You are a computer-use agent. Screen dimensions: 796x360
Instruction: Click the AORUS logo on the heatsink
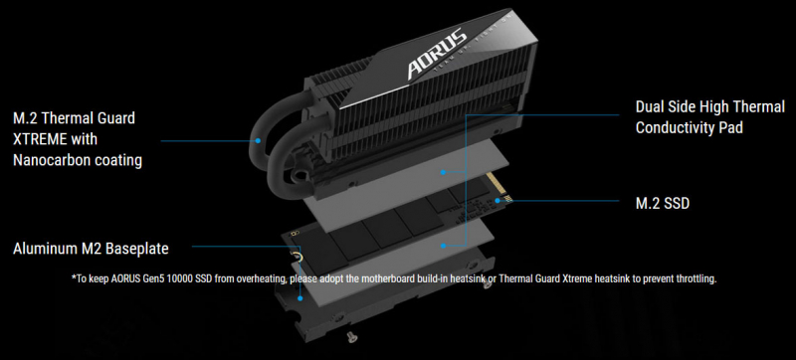coord(437,55)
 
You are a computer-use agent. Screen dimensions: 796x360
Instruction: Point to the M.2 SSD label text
coord(663,203)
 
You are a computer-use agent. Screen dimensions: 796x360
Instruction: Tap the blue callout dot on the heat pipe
coord(258,140)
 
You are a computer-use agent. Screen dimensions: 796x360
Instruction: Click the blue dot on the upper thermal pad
coord(443,172)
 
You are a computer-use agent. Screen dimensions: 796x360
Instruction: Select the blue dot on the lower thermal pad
coord(443,246)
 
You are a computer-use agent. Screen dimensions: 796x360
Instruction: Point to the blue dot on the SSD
coord(497,200)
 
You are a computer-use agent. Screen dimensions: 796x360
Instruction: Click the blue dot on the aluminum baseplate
coord(300,298)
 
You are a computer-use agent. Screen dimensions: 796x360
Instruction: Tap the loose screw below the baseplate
coord(349,335)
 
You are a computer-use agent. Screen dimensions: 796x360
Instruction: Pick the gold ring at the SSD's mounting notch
coord(298,257)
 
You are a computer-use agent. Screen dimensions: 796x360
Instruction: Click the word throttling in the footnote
coord(698,278)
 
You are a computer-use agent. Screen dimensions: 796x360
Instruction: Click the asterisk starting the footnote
coord(74,277)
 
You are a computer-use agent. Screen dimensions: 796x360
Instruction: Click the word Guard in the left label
coord(116,118)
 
